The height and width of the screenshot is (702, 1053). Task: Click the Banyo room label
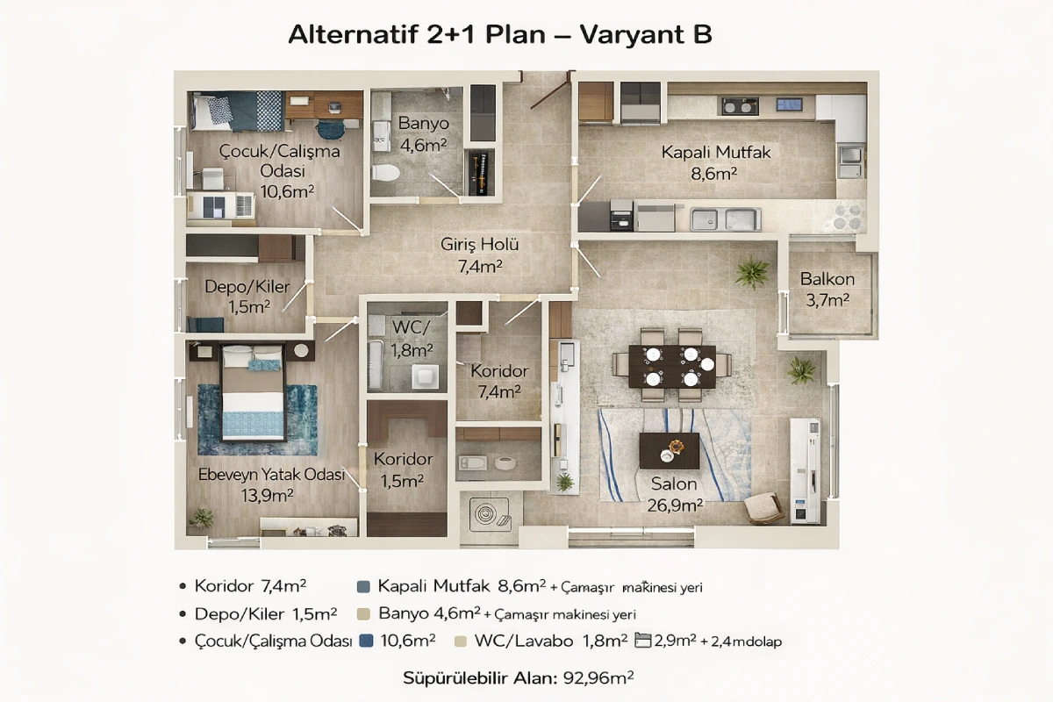tap(424, 123)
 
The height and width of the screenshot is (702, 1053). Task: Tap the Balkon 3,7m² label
tap(827, 290)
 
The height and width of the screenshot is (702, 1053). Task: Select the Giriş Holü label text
tap(479, 245)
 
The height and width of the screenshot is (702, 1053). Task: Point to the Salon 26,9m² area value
tap(675, 505)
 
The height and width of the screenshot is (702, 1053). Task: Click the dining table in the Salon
tap(672, 367)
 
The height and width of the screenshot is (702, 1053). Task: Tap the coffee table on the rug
tap(670, 450)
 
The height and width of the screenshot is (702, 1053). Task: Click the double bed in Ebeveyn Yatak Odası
tap(254, 393)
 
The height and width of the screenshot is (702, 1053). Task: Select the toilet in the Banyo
tap(385, 173)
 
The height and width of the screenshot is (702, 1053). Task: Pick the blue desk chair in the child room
tap(332, 129)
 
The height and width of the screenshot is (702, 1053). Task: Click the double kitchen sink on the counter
tap(726, 219)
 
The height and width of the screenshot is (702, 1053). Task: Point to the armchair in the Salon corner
tap(764, 508)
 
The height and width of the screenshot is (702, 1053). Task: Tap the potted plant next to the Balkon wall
tap(752, 272)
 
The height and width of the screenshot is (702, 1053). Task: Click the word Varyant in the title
tap(633, 35)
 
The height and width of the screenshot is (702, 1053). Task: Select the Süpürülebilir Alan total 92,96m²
tap(519, 678)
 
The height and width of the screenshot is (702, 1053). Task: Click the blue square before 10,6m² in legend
tap(366, 641)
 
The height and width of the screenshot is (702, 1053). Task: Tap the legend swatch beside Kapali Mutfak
tap(363, 587)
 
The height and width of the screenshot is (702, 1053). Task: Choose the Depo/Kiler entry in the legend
tap(266, 614)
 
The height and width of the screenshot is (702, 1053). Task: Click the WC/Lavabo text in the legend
tap(524, 641)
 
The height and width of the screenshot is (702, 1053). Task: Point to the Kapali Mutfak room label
tap(716, 153)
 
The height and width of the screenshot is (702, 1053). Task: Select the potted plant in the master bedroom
tap(201, 518)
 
